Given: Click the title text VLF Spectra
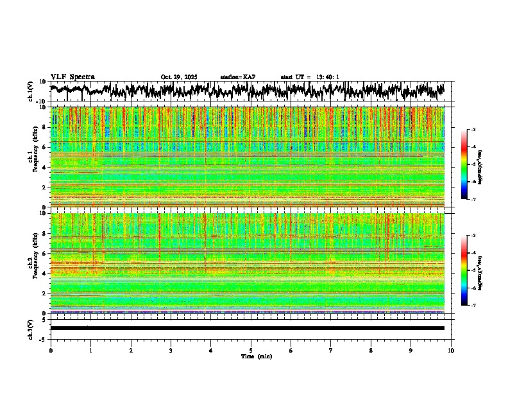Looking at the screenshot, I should (72, 76).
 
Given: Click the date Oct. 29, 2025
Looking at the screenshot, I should (179, 77).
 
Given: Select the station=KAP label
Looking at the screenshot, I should (237, 77).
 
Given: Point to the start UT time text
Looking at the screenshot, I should (310, 77).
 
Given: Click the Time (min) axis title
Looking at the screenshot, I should (256, 356).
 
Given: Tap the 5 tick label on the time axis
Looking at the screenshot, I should (251, 351).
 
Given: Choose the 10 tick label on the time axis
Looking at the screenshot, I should (452, 351).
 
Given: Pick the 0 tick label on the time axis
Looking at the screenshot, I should (51, 351).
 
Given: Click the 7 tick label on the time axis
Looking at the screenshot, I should (331, 351).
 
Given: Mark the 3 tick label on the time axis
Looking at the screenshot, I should (171, 351).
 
